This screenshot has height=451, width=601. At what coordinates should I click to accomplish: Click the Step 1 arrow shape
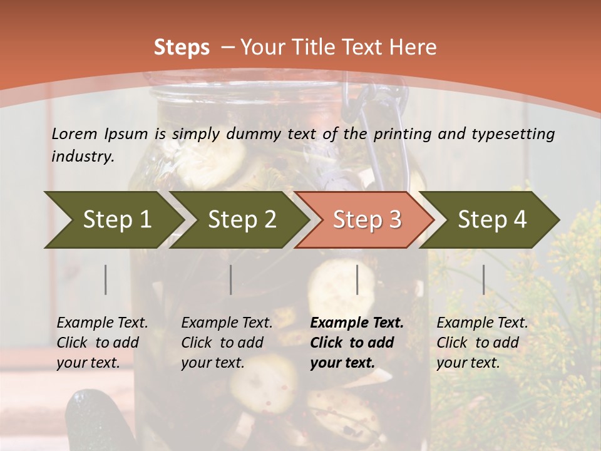(x=116, y=219)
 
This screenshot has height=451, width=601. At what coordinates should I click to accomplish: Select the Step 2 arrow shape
(x=242, y=219)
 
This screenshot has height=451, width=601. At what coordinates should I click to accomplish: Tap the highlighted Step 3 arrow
(x=367, y=219)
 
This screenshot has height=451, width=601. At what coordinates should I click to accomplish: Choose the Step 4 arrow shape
(x=492, y=219)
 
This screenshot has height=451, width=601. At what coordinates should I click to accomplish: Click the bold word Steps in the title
(x=182, y=47)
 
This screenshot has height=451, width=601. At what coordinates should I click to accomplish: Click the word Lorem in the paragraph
(x=74, y=133)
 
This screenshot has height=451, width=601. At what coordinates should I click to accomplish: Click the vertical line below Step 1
(x=106, y=279)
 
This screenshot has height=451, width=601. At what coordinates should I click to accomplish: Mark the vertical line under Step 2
(x=231, y=279)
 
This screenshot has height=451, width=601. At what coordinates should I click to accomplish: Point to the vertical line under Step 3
(x=357, y=279)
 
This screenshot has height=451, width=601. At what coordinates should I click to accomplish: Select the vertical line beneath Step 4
(x=483, y=279)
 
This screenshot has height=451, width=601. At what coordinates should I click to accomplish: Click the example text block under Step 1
(x=102, y=343)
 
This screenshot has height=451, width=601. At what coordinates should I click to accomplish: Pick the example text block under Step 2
(x=227, y=343)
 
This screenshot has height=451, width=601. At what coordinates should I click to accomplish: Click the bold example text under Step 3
(x=357, y=343)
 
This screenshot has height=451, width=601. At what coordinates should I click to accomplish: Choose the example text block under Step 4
(x=482, y=343)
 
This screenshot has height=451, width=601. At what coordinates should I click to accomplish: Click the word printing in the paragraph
(x=399, y=133)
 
